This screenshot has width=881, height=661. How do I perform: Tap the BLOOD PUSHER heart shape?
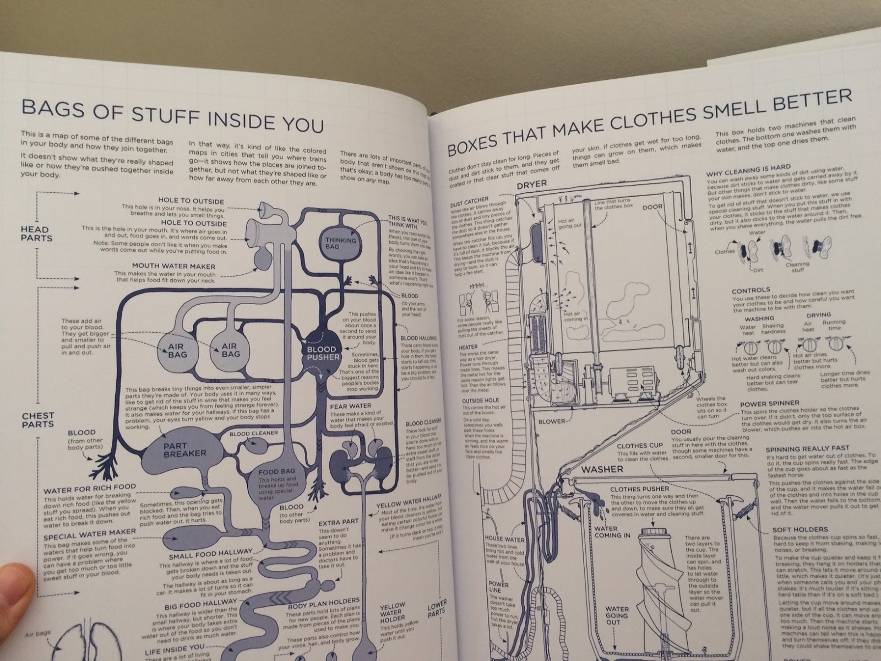322,353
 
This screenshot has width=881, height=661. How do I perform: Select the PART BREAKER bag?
184,449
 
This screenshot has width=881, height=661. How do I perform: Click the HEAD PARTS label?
37,234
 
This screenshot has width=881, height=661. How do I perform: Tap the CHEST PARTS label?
38,420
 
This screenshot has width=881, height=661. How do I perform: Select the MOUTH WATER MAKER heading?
174,266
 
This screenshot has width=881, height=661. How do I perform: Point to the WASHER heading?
602,469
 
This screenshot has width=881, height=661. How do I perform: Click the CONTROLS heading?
751,290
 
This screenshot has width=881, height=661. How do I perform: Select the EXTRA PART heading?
339,521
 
